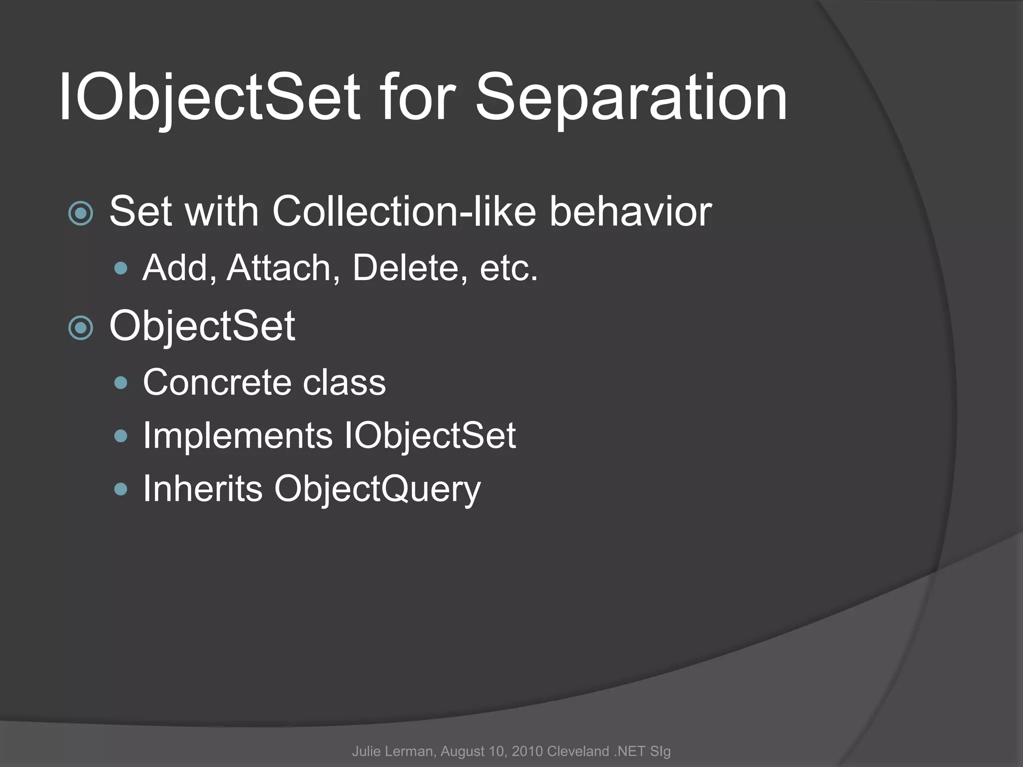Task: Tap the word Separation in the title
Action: click(x=631, y=97)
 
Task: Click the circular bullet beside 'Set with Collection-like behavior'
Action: click(x=80, y=214)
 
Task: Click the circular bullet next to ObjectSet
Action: click(x=80, y=328)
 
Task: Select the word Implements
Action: click(x=238, y=436)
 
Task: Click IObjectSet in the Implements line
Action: click(x=430, y=436)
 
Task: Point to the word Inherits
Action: click(x=202, y=488)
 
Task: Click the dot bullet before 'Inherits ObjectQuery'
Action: click(x=120, y=489)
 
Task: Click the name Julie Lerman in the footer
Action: click(x=394, y=752)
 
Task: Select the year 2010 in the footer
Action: click(x=527, y=752)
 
